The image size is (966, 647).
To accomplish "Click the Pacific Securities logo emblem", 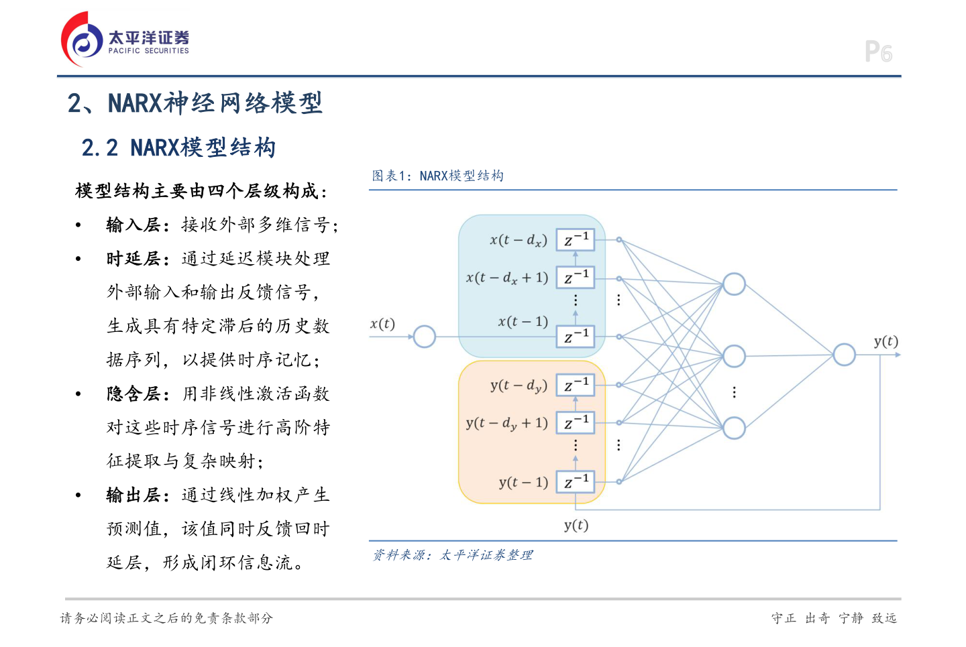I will pos(82,40).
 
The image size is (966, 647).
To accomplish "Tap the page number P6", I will pos(878,52).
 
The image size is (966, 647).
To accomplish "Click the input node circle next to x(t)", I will pos(424,337).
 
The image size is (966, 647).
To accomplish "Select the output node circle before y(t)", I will pos(844,355).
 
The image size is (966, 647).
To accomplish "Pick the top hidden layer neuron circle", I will pos(734,284).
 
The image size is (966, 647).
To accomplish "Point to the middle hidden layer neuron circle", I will pos(734,356).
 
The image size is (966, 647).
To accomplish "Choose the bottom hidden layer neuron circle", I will pos(734,428).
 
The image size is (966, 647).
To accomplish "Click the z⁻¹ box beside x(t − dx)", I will pos(576,239).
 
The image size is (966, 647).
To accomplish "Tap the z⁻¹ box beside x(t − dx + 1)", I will pos(576,278).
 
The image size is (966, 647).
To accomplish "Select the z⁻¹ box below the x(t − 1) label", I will pos(576,337).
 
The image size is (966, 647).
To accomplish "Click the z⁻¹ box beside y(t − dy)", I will pos(576,385).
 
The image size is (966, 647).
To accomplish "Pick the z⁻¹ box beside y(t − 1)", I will pos(576,481).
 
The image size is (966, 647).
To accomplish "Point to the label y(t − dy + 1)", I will pos(507,423).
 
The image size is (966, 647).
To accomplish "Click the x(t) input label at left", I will pos(382,324).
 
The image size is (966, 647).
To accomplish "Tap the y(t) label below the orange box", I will pos(576,525).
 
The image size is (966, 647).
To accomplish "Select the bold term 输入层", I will pos(133,225).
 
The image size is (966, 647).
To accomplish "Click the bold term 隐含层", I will pos(133,394).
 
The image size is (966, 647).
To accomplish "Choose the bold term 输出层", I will pos(133,495).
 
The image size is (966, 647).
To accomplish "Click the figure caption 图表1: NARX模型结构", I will pos(437,176).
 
